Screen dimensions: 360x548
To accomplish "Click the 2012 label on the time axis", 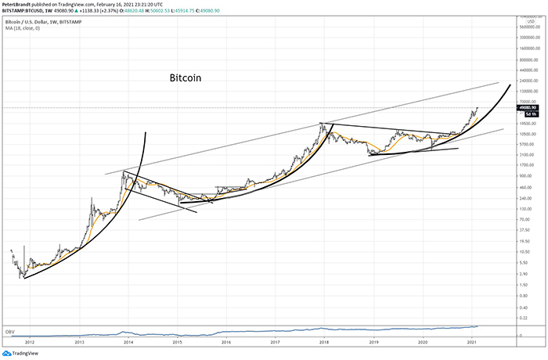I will point(30,343).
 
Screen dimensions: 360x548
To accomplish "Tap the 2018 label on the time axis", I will point(323,343).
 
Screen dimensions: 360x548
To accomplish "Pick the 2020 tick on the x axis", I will point(423,343).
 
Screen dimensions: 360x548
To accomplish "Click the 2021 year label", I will point(470,343).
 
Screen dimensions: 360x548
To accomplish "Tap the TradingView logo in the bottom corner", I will point(21,352).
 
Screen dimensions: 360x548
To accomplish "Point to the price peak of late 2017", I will point(322,124).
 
